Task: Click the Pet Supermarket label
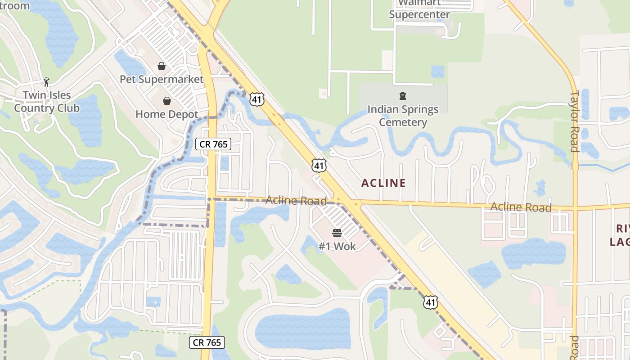162,80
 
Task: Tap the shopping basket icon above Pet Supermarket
162,67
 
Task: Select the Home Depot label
166,114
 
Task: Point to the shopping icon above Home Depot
167,101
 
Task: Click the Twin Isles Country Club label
47,102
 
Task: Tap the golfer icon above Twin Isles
46,82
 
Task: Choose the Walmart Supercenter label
419,9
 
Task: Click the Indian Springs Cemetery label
403,116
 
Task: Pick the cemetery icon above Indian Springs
403,96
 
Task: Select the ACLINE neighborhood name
383,183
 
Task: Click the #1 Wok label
337,246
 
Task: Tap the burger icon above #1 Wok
337,233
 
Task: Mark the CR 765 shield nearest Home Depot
214,144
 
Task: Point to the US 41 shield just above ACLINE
319,165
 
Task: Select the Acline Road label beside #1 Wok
296,200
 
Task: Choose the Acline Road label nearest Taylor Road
521,207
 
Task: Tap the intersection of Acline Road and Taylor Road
575,208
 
